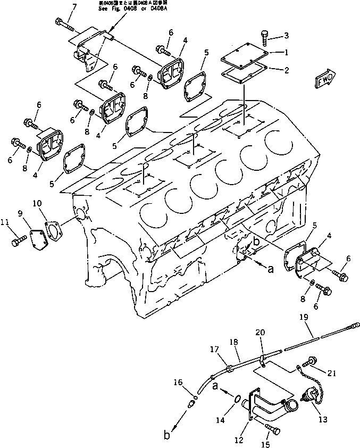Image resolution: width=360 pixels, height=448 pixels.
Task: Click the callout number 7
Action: [x=74, y=6]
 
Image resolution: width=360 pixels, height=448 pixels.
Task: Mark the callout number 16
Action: [x=178, y=383]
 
